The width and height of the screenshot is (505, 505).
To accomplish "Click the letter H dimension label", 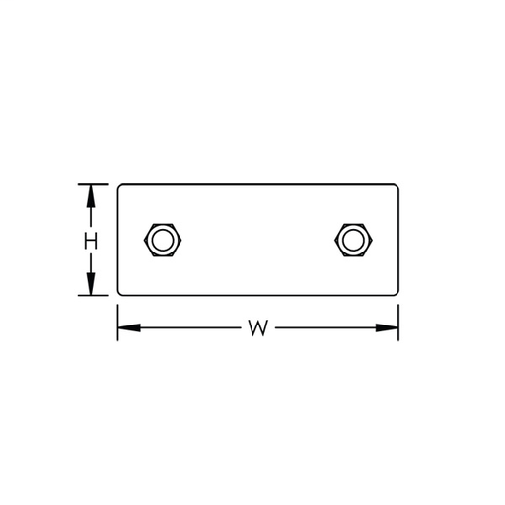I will [x=90, y=240].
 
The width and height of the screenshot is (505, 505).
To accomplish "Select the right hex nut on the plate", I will [x=350, y=239].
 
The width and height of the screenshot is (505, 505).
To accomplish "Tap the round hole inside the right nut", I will [x=350, y=239].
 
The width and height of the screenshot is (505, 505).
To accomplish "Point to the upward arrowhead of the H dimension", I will [x=90, y=193].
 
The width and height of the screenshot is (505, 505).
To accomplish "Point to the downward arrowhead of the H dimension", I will [x=90, y=286].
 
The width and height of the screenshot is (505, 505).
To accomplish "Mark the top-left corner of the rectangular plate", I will [x=120, y=185].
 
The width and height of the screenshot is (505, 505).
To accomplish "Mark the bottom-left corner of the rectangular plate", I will [x=120, y=293].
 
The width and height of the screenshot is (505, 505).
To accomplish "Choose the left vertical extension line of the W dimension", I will [x=118, y=322].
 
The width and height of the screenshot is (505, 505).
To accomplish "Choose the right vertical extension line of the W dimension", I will [x=397, y=322].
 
